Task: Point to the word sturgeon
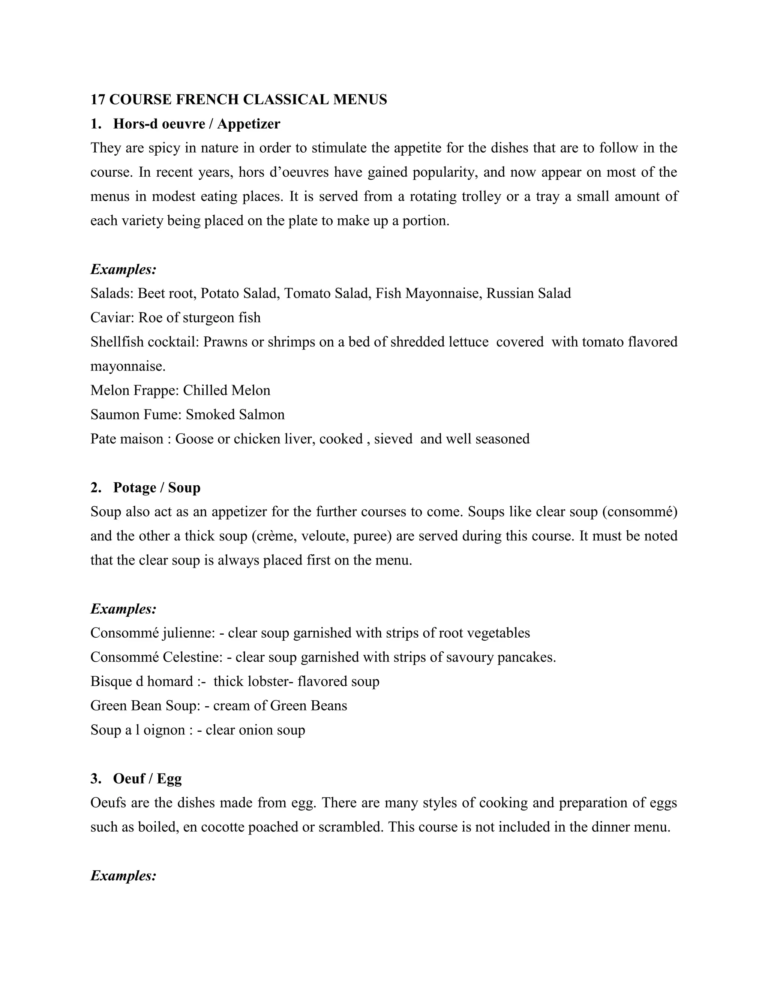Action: (202, 317)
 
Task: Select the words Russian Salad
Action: (528, 293)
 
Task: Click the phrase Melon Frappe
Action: (135, 390)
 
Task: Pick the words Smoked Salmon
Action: (235, 414)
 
